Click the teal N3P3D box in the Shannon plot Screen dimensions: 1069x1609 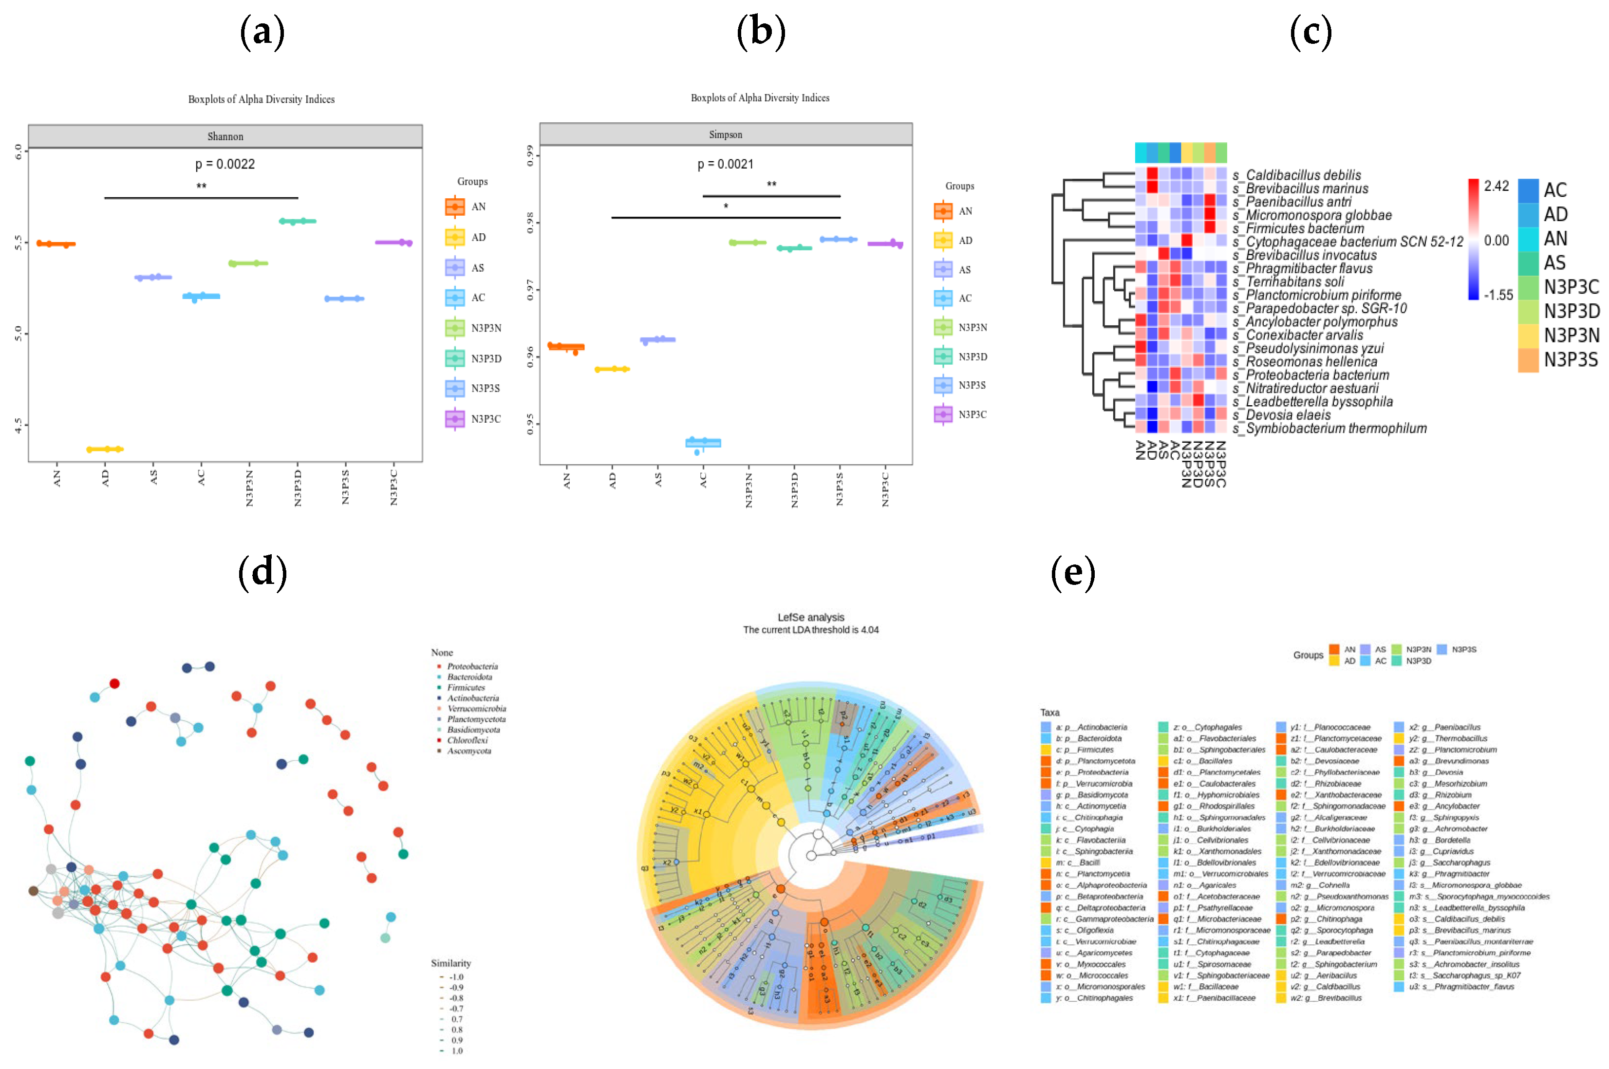[x=297, y=221]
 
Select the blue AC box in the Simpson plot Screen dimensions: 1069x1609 [x=703, y=443]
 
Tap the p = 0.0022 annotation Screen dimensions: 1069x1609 [x=225, y=164]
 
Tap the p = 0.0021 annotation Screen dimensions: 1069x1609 [x=726, y=164]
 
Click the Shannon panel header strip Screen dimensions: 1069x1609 [x=225, y=136]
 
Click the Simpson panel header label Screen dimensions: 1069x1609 [x=726, y=135]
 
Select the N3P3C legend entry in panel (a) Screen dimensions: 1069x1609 [x=486, y=419]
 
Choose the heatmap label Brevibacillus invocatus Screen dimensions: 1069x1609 [x=1310, y=256]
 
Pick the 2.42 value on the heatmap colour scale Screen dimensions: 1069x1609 [x=1496, y=186]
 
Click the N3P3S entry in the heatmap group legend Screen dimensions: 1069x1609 [x=1570, y=360]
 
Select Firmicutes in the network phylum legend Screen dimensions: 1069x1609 [x=466, y=687]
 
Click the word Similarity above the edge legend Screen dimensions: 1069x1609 [x=450, y=963]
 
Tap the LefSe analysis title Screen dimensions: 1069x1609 [x=811, y=617]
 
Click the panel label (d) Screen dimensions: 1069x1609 [x=262, y=571]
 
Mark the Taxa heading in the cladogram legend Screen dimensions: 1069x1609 [x=1049, y=713]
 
